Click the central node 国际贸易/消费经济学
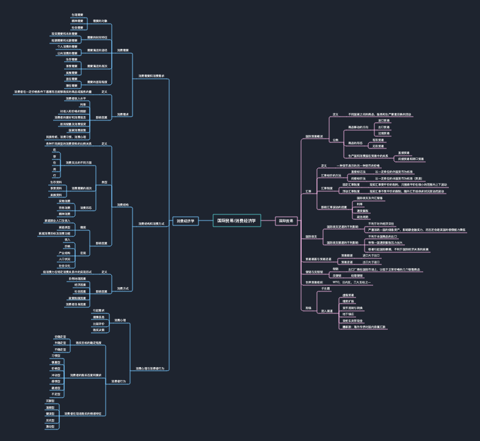tap(237, 221)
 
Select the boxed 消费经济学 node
tap(185, 221)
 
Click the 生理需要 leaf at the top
tap(78, 13)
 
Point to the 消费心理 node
tap(120, 319)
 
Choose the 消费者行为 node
tap(118, 381)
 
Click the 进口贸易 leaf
tap(384, 120)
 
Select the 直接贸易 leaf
tap(404, 153)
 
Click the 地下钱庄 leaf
tap(349, 313)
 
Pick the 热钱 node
tap(308, 308)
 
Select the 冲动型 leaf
tap(56, 374)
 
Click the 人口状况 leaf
tap(64, 259)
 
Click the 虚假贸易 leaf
tap(349, 295)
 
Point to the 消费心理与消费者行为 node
tap(150, 368)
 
